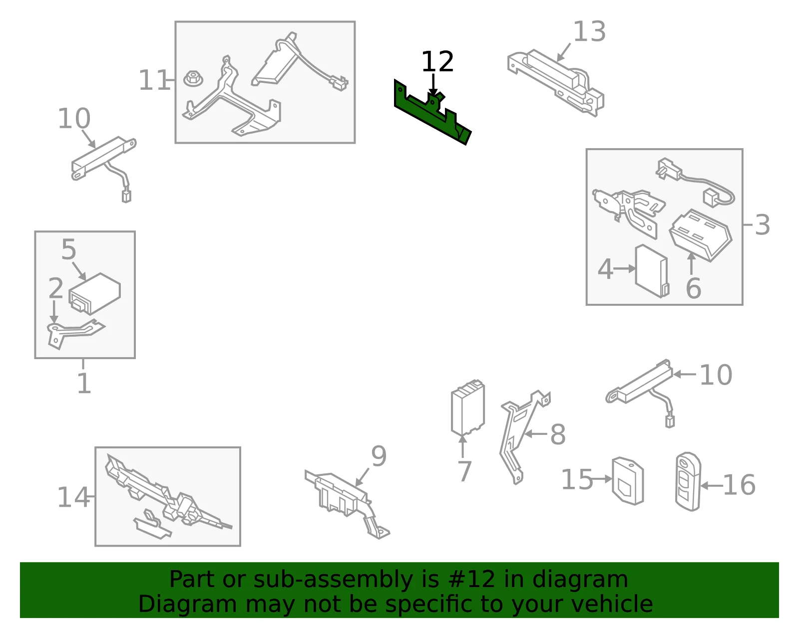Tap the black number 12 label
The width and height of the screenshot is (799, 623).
coord(437,62)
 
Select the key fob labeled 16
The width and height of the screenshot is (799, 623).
coord(688,482)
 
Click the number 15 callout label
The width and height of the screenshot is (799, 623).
coord(577,479)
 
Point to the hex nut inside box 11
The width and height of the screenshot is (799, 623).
coord(193,79)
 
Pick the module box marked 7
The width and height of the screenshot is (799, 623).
coord(468,408)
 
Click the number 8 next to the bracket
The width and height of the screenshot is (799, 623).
coord(558,434)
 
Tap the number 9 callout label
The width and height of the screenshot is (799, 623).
coord(379,456)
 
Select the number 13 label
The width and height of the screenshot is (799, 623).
coord(589,31)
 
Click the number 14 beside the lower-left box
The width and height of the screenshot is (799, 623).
coord(73,497)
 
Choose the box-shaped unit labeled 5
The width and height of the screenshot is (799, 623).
coord(95,293)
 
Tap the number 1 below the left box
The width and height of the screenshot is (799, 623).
coord(84,383)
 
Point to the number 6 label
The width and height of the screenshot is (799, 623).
coord(694,288)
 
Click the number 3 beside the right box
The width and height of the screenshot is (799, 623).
coord(762,225)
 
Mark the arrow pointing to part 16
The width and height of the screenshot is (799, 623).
coord(712,486)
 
